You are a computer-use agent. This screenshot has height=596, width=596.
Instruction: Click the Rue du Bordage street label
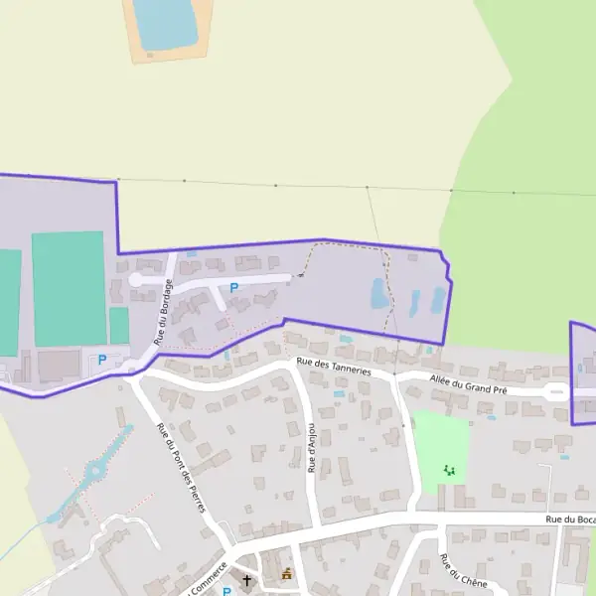pyautogui.click(x=164, y=312)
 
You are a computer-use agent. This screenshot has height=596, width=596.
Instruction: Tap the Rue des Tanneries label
pyautogui.click(x=334, y=368)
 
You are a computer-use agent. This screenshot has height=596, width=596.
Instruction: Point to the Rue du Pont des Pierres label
pyautogui.click(x=181, y=466)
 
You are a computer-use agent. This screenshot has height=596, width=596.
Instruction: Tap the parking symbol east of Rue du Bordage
pyautogui.click(x=234, y=288)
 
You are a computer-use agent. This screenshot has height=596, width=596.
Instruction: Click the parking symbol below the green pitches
pyautogui.click(x=100, y=360)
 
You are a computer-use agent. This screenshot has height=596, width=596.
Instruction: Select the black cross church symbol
pyautogui.click(x=247, y=580)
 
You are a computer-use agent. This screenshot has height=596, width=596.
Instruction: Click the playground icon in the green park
pyautogui.click(x=449, y=470)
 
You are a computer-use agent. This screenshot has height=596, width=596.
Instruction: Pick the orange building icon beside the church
pyautogui.click(x=288, y=574)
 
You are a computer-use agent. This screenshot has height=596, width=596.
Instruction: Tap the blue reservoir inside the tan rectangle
pyautogui.click(x=166, y=23)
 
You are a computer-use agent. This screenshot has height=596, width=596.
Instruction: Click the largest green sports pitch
pyautogui.click(x=68, y=288)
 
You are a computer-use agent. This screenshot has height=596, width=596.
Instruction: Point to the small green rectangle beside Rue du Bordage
pyautogui.click(x=119, y=326)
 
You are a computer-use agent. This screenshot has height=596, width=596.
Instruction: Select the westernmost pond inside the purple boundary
pyautogui.click(x=378, y=293)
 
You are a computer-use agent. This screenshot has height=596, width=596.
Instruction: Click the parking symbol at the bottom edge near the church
pyautogui.click(x=226, y=592)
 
